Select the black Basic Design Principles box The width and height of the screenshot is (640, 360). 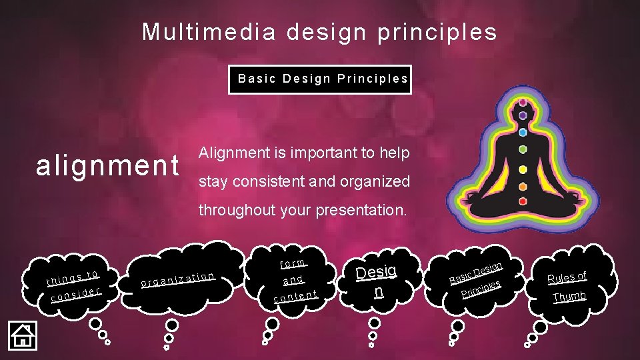tap(320, 79)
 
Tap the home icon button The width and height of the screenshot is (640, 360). tap(22, 335)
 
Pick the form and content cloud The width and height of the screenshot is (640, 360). tap(293, 279)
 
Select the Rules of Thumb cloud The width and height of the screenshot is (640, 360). tap(567, 285)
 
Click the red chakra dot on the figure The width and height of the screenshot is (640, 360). tap(523, 201)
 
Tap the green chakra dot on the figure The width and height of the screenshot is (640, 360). tap(523, 149)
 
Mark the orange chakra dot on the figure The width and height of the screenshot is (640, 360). tap(523, 187)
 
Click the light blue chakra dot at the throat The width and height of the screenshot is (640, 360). tap(523, 131)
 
